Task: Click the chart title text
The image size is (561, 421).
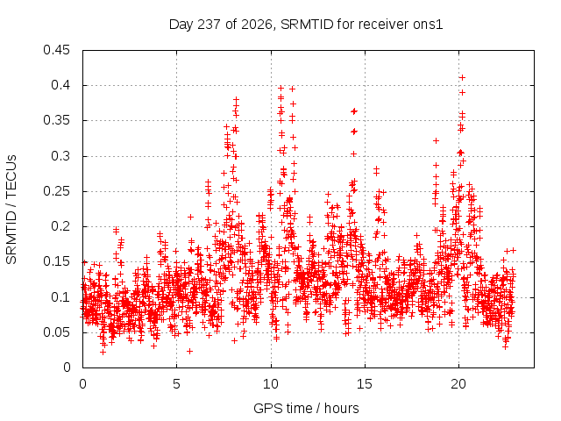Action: pos(306,25)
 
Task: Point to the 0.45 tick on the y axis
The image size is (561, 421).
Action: pos(56,50)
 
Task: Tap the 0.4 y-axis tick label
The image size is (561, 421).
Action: pos(60,85)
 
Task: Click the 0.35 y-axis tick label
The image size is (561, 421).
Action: pos(56,121)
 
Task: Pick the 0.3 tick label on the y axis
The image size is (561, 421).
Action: pos(60,156)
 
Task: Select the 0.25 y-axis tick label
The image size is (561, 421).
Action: pos(56,191)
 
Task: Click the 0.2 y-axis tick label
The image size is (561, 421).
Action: pos(60,226)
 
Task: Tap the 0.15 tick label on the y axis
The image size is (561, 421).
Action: pos(56,261)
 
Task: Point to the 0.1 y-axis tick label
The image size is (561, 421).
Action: pos(60,297)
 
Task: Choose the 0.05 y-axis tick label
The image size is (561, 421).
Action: pos(56,332)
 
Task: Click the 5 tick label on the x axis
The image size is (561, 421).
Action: pos(177,384)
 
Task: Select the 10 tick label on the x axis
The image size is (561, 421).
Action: pos(271,384)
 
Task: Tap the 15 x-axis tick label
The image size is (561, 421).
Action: pos(365,384)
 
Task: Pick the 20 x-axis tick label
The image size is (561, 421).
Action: pos(459,384)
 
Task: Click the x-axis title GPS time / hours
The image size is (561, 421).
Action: pos(306,409)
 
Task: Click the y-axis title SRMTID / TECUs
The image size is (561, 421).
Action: pos(11,210)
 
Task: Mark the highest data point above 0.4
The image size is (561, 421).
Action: pos(462,78)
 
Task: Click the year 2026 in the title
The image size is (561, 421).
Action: pos(256,25)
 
